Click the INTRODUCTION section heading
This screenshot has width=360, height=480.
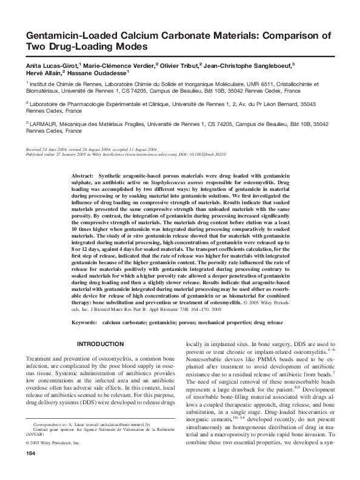click(101, 344)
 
